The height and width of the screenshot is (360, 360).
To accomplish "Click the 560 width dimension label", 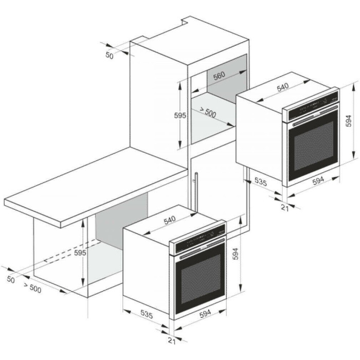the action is (x=219, y=76).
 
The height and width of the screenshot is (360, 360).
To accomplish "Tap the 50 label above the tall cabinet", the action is (x=110, y=56).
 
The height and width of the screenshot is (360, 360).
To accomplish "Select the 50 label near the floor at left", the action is (x=11, y=280).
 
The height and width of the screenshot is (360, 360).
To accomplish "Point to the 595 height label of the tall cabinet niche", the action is (x=180, y=116).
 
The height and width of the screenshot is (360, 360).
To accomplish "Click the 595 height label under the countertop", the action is (x=80, y=253).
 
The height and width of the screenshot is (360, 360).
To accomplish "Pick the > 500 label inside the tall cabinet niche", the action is (x=208, y=112).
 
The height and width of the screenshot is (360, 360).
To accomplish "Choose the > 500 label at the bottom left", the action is (x=32, y=288).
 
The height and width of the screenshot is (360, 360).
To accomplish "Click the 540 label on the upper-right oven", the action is (x=282, y=87).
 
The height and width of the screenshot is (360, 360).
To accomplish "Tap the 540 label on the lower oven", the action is (x=169, y=220).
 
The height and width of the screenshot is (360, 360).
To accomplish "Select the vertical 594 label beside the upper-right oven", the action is (x=349, y=121).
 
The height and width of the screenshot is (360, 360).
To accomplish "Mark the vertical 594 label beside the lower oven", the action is (x=236, y=254).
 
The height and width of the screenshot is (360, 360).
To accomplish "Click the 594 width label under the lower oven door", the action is (x=205, y=314).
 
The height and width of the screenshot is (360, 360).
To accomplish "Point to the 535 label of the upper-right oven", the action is (x=261, y=182).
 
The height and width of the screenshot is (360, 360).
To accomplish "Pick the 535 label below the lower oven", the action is (x=147, y=314).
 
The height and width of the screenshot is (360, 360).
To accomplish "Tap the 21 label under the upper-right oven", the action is (x=285, y=208).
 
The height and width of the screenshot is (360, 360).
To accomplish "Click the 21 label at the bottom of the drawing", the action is (x=172, y=340).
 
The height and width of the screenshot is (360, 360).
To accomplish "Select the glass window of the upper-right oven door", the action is (x=314, y=146).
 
